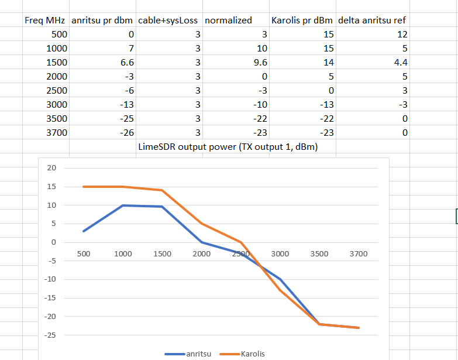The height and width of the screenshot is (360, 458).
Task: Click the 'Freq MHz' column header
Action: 45,20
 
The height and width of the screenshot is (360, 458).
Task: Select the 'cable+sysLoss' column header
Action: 169,20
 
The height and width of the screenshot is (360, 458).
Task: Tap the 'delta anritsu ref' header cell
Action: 372,20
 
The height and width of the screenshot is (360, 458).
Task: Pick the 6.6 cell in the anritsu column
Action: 125,63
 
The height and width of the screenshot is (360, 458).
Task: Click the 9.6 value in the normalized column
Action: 260,63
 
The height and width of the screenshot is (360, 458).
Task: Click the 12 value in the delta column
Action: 402,35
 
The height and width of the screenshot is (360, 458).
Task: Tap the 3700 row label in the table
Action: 56,133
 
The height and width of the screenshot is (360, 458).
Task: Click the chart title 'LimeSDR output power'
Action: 228,147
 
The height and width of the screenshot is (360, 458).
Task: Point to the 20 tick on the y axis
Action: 51,168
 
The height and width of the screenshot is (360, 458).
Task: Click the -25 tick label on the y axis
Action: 50,335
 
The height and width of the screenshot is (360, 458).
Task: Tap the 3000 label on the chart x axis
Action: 280,254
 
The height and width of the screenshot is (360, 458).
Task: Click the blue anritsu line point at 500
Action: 84,231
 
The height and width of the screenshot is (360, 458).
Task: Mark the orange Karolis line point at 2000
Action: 201,224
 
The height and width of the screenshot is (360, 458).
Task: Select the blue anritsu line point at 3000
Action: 280,279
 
